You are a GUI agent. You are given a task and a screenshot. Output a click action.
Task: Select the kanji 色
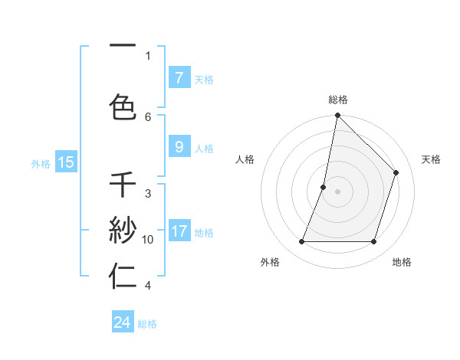123,107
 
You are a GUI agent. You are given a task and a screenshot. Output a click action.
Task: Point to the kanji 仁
123,277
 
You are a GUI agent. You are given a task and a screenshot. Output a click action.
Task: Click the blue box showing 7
179,78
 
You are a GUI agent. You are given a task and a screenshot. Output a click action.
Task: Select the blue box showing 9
179,147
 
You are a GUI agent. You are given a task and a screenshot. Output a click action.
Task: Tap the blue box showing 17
179,231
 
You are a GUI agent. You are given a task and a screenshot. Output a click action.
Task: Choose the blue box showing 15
65,162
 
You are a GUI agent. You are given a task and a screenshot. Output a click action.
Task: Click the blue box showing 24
123,322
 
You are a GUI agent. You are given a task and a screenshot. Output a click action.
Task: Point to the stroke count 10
148,240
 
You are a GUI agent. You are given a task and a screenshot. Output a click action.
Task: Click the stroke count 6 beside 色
148,116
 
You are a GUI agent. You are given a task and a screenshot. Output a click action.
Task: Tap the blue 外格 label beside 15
41,163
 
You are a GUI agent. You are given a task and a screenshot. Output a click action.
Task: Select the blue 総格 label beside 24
147,324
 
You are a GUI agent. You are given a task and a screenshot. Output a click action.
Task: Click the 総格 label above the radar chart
338,100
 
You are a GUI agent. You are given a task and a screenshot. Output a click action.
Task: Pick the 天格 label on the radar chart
432,159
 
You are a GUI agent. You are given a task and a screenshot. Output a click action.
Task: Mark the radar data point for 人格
324,187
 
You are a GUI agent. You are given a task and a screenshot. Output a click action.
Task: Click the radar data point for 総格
337,115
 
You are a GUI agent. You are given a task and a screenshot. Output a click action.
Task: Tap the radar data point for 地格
373,242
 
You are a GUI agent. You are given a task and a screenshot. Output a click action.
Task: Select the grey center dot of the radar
337,191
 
